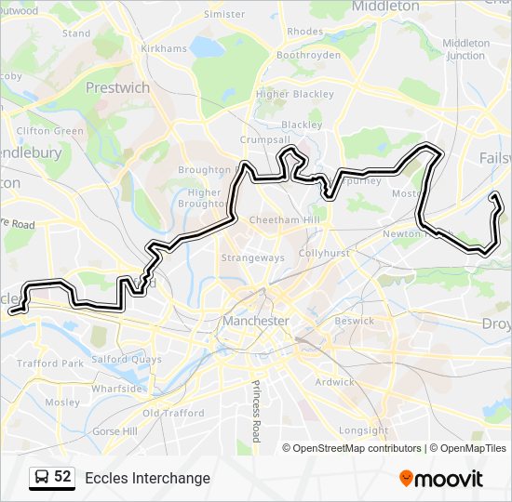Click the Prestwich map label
(x=117, y=87)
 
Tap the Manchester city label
(x=256, y=321)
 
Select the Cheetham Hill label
(x=284, y=219)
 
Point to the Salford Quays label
(x=127, y=359)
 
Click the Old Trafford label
(x=173, y=413)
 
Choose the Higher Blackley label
(x=294, y=94)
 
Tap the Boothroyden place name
(x=309, y=55)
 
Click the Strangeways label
(x=253, y=258)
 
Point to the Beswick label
(x=355, y=321)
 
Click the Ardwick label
(x=334, y=381)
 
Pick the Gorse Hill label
(x=115, y=431)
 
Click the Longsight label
(x=363, y=430)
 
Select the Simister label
(x=224, y=15)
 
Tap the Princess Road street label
(x=256, y=409)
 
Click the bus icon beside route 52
(x=42, y=477)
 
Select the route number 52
(x=62, y=477)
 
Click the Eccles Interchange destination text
(x=147, y=478)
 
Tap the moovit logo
(x=441, y=478)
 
